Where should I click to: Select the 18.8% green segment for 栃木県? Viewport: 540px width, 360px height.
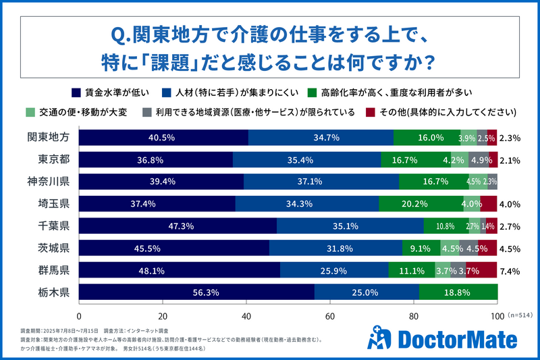click(458, 292)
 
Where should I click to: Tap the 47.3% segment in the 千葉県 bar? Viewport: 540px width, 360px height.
click(178, 226)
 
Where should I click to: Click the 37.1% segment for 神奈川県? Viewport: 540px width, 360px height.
click(321, 181)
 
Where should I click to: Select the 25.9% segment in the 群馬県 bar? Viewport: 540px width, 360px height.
click(334, 270)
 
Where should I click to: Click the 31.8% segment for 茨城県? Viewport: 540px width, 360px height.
click(336, 248)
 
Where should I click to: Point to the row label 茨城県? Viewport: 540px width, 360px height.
click(53, 248)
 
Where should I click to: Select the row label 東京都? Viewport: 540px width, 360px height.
click(53, 159)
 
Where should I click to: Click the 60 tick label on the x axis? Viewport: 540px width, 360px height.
click(330, 316)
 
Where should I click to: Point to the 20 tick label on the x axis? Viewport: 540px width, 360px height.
click(163, 316)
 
